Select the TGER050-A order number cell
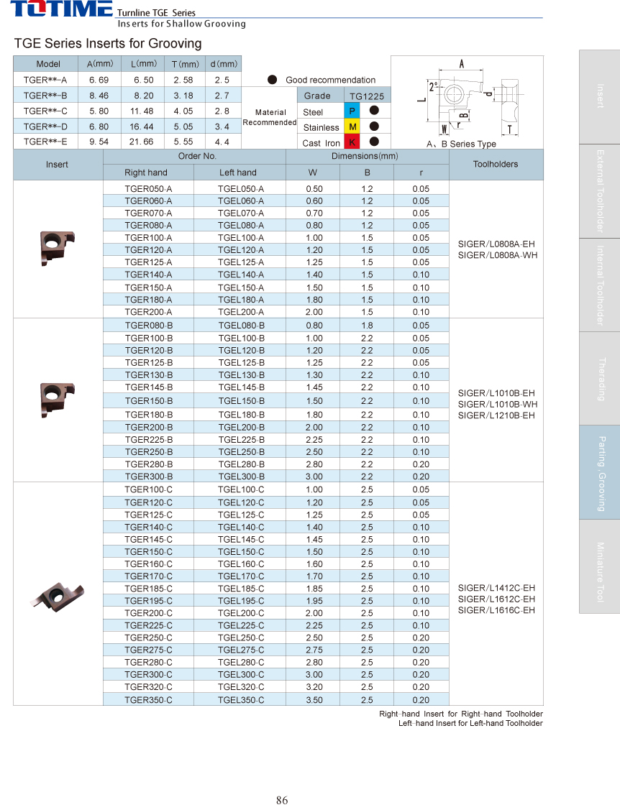coord(148,188)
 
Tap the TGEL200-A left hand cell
coord(240,312)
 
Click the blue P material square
coord(352,111)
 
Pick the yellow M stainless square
coord(352,126)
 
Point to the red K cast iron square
coord(352,142)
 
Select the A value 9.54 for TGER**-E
coord(99,142)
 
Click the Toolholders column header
coord(496,164)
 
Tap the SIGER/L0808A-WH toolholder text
coord(496,255)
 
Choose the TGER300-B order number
coord(149,477)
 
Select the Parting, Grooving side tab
coord(600,472)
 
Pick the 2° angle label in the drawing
coord(433,86)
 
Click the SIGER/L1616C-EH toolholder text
coord(496,610)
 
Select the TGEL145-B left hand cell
coord(241,387)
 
